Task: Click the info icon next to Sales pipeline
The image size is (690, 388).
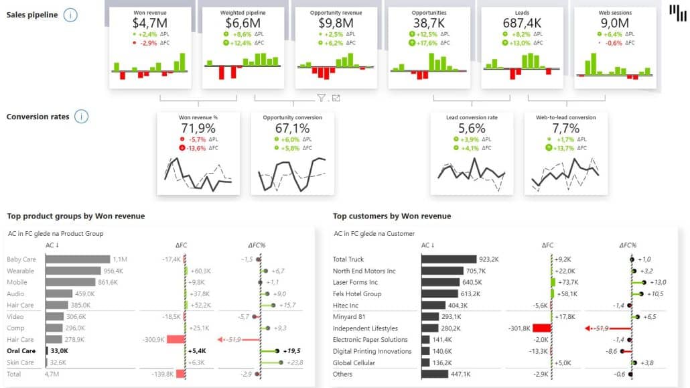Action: click(x=70, y=15)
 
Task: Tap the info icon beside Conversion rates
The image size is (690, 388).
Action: click(x=81, y=117)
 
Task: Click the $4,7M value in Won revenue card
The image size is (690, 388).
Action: click(x=150, y=23)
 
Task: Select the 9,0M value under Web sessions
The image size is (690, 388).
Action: click(x=614, y=23)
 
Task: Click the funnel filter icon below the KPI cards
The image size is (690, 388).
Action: click(x=322, y=98)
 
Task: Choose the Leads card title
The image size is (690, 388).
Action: click(x=521, y=12)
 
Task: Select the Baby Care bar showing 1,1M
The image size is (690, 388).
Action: click(x=78, y=259)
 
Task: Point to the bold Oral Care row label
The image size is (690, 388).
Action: click(x=20, y=351)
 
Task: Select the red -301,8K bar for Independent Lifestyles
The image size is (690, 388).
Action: click(x=542, y=328)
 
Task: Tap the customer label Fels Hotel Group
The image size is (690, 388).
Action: click(x=357, y=294)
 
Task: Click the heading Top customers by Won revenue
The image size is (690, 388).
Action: click(x=392, y=216)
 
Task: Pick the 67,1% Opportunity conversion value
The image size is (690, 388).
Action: click(x=292, y=128)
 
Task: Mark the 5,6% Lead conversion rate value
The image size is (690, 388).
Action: click(x=472, y=128)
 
